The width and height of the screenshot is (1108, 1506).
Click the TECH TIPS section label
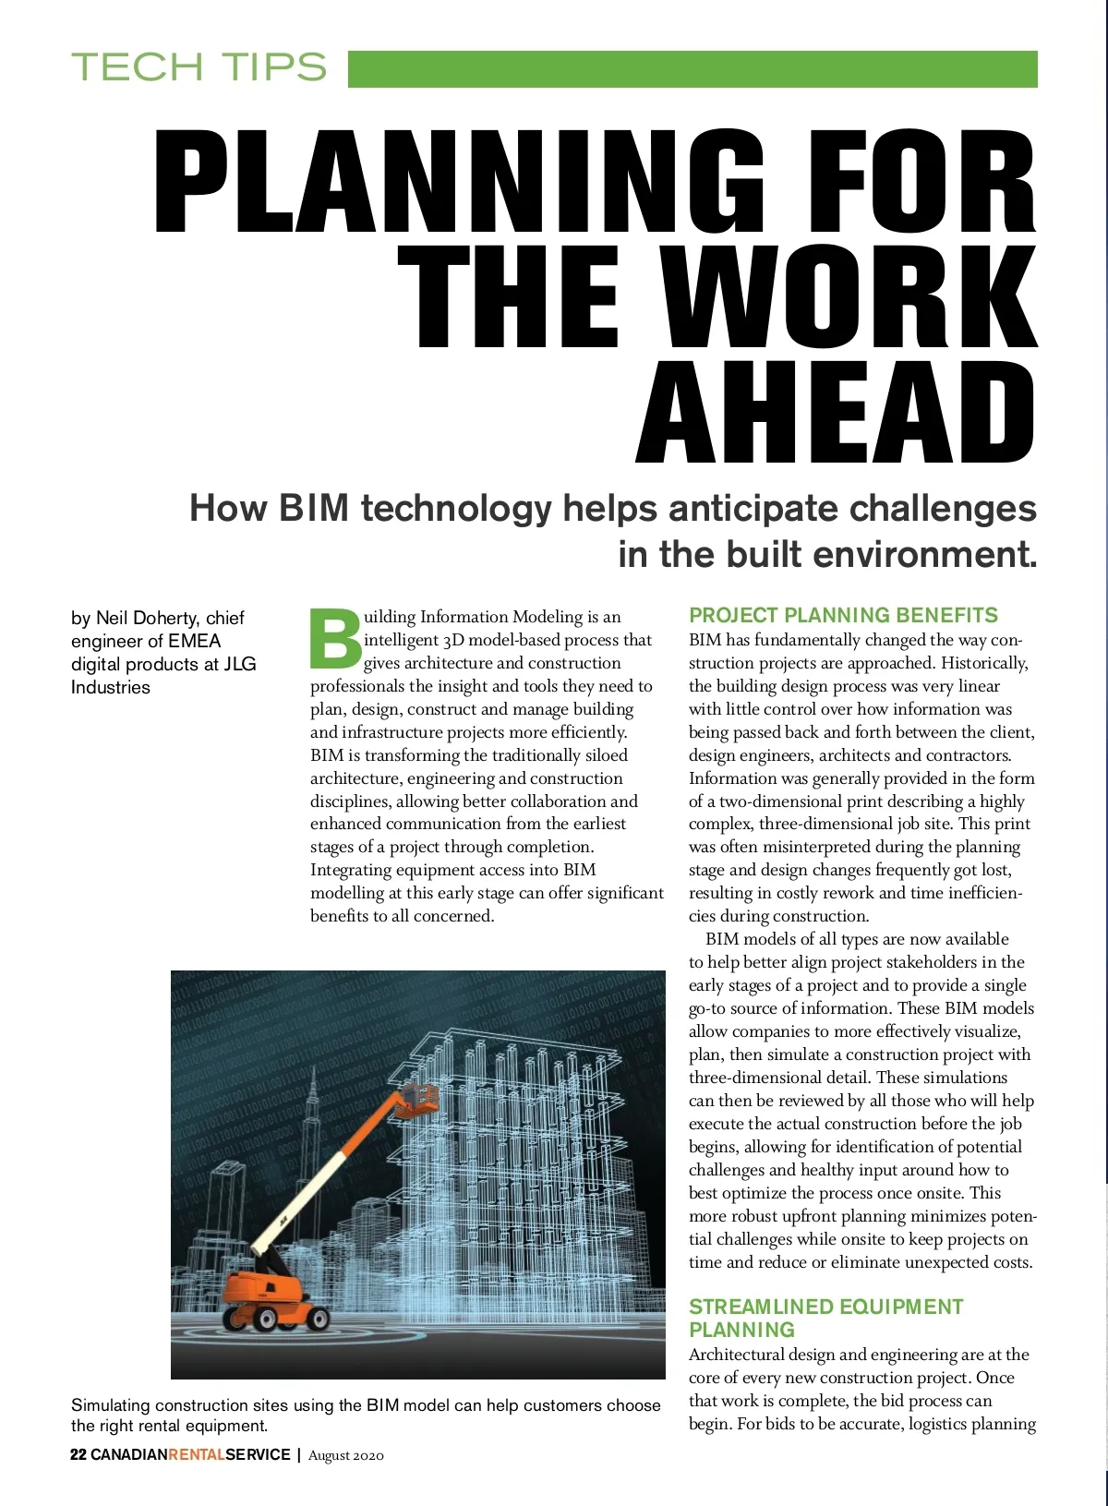pos(199,67)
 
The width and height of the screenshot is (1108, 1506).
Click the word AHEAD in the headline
pos(836,414)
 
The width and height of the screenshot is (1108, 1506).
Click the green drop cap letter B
pos(334,638)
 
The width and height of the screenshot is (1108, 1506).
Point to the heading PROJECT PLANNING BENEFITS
pos(843,616)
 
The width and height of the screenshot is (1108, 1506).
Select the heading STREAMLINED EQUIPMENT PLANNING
pos(825,1318)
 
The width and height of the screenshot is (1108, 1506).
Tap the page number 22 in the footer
pos(78,1454)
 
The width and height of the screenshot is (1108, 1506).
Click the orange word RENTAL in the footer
pos(196,1454)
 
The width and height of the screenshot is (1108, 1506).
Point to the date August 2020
pos(345,1455)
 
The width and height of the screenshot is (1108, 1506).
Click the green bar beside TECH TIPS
pos(692,69)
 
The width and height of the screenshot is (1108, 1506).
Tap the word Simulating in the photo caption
pos(110,1405)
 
